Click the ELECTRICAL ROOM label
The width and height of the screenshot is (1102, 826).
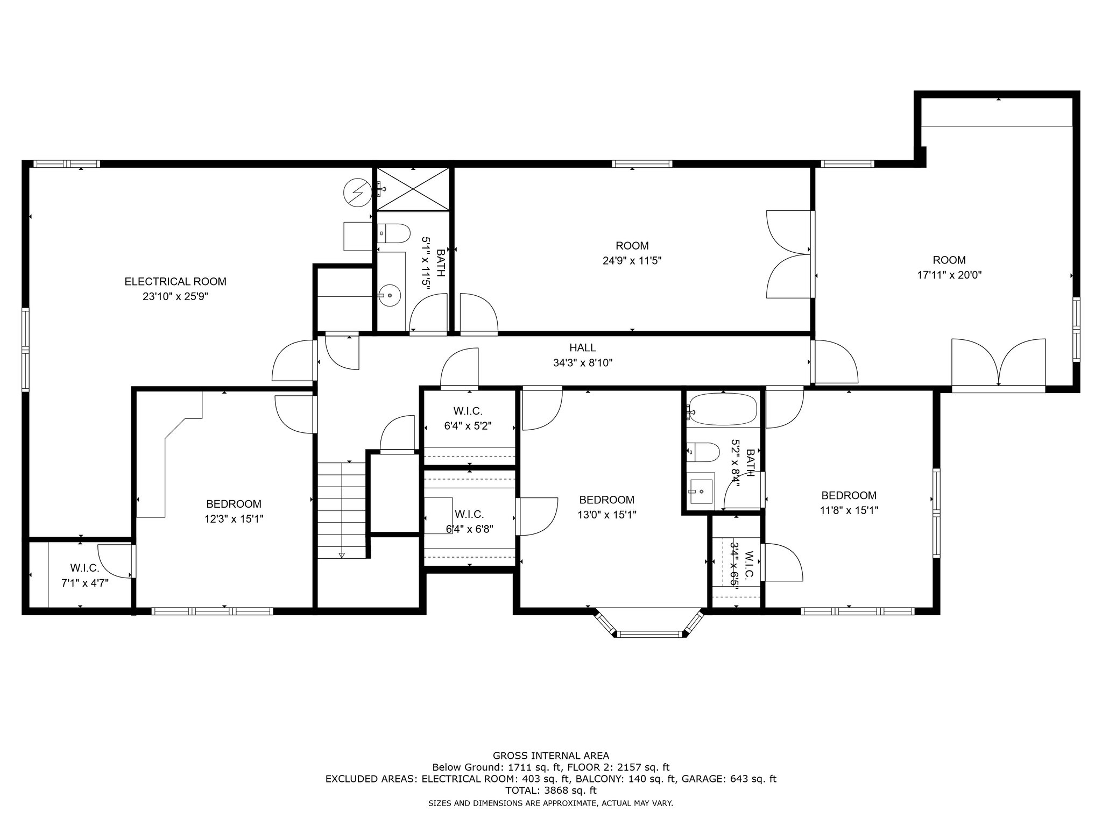[175, 281]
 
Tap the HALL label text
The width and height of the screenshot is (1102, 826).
[583, 348]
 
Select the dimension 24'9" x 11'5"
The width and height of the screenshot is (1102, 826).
[632, 261]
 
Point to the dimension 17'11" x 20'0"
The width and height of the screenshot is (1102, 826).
[949, 275]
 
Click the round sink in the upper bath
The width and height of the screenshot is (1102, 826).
[389, 295]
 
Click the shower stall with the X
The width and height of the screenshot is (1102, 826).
[413, 188]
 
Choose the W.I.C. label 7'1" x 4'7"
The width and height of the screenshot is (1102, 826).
[84, 575]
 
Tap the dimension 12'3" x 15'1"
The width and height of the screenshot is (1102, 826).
[234, 519]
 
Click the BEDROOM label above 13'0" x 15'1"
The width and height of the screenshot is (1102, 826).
[606, 500]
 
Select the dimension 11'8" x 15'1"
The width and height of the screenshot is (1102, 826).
[849, 510]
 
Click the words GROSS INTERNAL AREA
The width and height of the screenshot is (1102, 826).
[551, 756]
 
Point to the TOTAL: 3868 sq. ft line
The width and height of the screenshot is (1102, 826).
[551, 791]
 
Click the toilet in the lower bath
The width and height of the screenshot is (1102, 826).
[703, 452]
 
